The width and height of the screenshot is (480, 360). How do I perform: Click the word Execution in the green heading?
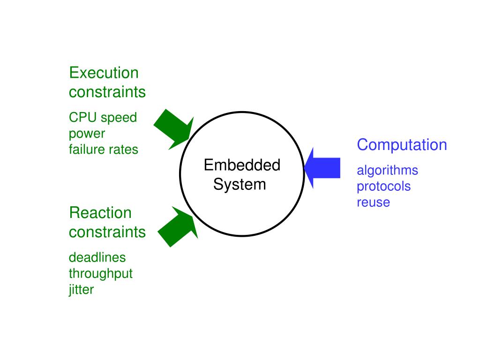(x=104, y=73)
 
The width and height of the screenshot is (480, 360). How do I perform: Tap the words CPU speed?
(x=103, y=117)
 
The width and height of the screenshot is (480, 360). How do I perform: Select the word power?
(x=87, y=134)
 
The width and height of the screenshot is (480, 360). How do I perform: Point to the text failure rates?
(x=103, y=150)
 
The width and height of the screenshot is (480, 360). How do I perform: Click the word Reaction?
(x=100, y=213)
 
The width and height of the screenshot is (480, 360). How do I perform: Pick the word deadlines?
(x=97, y=257)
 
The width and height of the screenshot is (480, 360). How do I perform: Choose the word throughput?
(x=101, y=273)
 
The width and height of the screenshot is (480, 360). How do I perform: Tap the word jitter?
(x=81, y=289)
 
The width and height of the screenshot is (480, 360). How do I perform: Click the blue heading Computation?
(x=402, y=145)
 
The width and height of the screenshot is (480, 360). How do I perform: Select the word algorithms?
(x=387, y=170)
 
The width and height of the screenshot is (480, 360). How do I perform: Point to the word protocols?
(x=383, y=186)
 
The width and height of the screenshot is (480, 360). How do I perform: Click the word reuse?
(x=373, y=202)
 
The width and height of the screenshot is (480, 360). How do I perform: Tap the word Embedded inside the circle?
(x=242, y=165)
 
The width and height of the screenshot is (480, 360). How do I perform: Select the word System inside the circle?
(x=240, y=184)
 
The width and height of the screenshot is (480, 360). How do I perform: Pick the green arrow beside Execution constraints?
(x=172, y=129)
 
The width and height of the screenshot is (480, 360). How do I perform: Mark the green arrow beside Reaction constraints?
(x=177, y=227)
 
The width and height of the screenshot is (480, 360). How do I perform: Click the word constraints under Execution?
(x=107, y=92)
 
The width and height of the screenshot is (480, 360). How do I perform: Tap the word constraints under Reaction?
(x=107, y=232)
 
